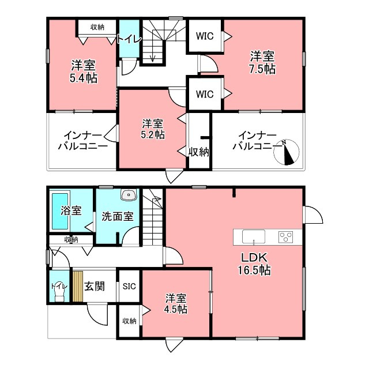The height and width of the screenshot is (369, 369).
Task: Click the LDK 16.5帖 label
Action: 254,264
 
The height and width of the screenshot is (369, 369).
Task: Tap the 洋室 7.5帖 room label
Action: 262,62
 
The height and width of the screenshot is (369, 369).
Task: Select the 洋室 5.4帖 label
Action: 84,71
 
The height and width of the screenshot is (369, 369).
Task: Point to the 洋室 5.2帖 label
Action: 152,129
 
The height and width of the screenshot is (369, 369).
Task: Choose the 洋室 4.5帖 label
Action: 176,303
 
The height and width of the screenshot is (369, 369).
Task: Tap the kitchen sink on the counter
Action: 254,236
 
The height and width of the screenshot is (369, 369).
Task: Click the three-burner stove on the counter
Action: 286,237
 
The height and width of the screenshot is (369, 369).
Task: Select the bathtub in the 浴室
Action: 60,211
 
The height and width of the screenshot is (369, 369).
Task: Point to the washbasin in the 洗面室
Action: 129,195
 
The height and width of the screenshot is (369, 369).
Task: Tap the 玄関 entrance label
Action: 95,287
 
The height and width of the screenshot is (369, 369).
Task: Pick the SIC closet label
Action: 129,286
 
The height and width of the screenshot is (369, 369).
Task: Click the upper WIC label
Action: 205,36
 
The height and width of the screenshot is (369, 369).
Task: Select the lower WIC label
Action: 205,94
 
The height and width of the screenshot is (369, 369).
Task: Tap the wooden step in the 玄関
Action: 78,287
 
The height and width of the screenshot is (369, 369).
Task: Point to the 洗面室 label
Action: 118,216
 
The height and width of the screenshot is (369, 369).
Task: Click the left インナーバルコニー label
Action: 83,141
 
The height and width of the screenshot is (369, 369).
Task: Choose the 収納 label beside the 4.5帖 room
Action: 129,321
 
